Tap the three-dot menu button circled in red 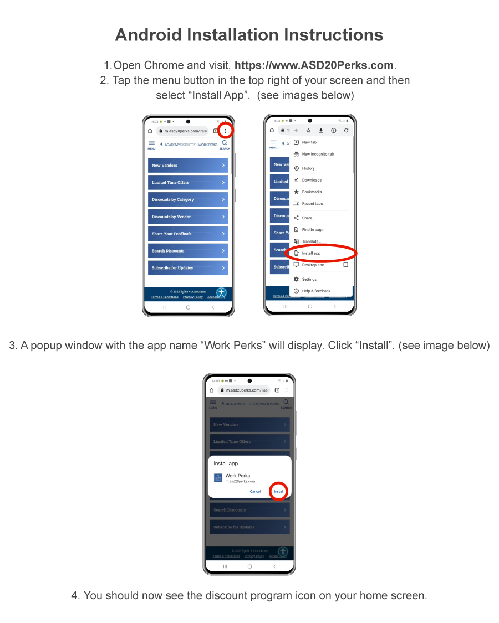[x=226, y=131]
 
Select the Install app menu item [x=311, y=253]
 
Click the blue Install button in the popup [x=279, y=491]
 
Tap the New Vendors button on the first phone [x=188, y=166]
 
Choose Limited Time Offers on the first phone [x=188, y=182]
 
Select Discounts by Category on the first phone [x=188, y=199]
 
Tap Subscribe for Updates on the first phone [x=188, y=268]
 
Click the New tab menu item [x=309, y=142]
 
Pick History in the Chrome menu [x=308, y=168]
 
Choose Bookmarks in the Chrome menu [x=311, y=192]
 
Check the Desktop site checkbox [x=345, y=265]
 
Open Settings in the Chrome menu [x=309, y=279]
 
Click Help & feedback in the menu [x=315, y=291]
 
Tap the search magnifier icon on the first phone [x=225, y=143]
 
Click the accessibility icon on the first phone [x=221, y=292]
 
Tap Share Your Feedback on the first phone [x=188, y=234]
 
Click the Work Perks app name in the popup [x=237, y=476]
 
